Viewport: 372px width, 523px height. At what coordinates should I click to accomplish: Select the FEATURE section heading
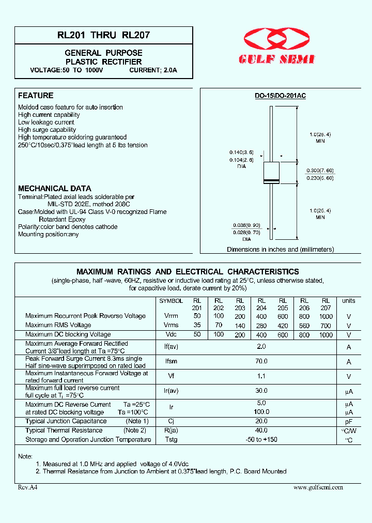coord(36,96)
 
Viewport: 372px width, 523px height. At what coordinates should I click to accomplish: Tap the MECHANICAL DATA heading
coord(55,189)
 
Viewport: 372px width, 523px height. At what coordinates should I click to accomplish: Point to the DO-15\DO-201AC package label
coord(281,96)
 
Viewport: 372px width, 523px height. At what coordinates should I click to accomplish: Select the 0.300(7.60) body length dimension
coord(321,171)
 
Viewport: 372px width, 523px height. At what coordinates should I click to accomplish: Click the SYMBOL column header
coord(171,301)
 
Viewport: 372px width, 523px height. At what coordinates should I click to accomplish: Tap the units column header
coord(349,301)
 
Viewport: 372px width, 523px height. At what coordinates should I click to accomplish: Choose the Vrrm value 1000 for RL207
coord(326,316)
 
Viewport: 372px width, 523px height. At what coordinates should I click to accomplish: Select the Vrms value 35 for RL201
coord(197,325)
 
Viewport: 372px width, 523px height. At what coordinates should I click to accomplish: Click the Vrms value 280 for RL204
coord(261,325)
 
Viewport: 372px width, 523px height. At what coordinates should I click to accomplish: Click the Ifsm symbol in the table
coord(171,362)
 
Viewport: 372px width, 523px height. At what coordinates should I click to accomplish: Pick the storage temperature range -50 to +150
coord(261,439)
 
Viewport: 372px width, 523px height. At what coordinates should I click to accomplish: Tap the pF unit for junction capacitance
coord(349,422)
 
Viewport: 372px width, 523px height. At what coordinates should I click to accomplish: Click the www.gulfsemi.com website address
coord(318,487)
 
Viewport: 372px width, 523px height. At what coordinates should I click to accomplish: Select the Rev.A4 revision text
coord(28,487)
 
